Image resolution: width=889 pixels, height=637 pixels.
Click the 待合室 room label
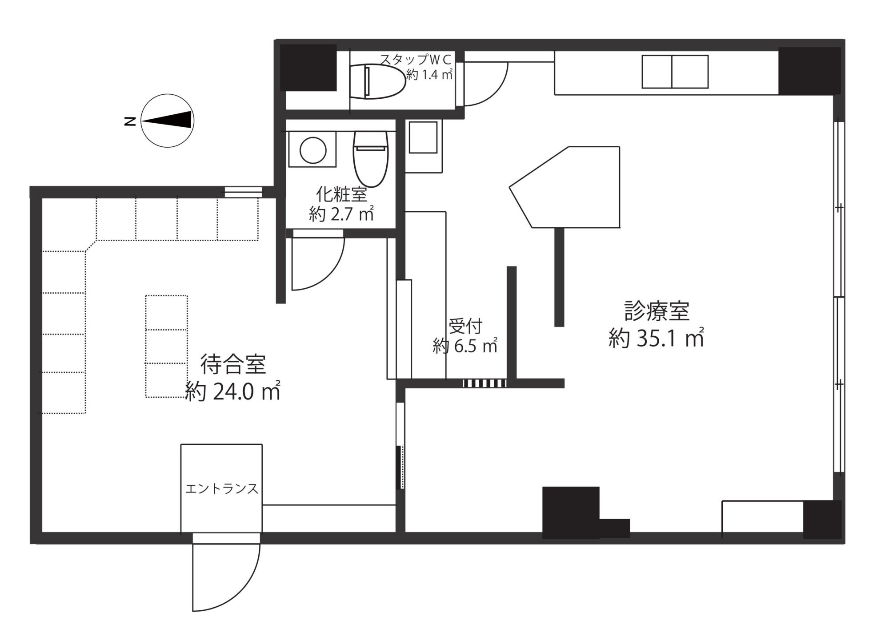pos(233,364)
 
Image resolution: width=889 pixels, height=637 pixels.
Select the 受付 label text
pos(465,327)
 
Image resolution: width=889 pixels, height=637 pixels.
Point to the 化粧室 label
pos(341,194)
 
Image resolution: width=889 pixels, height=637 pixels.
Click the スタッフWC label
pos(415,59)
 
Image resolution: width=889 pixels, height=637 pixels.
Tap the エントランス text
pos(221,489)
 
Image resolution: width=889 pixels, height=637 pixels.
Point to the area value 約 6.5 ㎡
pos(465,345)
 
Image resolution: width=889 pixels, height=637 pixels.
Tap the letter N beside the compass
pos(130,121)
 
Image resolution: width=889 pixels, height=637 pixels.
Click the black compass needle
pos(167,120)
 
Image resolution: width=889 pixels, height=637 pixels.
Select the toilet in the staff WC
pos(378,81)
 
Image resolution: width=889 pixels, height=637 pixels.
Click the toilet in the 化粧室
pos(371,158)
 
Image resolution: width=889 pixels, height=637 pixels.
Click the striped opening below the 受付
pos(485,383)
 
